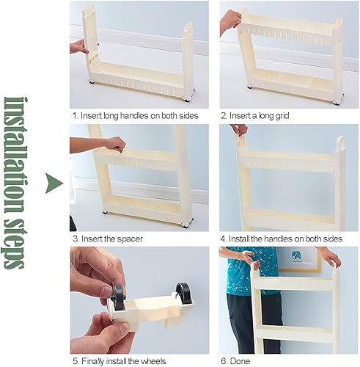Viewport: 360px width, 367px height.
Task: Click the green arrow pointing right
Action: pyautogui.click(x=54, y=183)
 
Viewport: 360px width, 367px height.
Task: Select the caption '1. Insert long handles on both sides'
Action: pyautogui.click(x=136, y=115)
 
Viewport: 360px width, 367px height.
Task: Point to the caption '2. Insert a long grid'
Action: pyautogui.click(x=255, y=115)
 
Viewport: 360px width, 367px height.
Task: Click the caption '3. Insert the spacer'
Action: pyautogui.click(x=108, y=239)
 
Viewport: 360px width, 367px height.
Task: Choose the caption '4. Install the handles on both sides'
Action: pyautogui.click(x=282, y=239)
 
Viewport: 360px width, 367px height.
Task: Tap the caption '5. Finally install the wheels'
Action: pyautogui.click(x=120, y=361)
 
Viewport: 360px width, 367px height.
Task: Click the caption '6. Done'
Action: pyautogui.click(x=235, y=361)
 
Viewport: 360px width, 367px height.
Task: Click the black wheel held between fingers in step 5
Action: pyautogui.click(x=119, y=297)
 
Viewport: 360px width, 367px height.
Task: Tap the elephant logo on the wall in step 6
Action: pyautogui.click(x=297, y=256)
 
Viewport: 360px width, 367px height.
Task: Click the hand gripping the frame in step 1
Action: pyautogui.click(x=79, y=47)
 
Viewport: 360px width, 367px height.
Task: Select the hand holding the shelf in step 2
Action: pyautogui.click(x=229, y=21)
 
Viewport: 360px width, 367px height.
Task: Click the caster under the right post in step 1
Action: pyautogui.click(x=188, y=98)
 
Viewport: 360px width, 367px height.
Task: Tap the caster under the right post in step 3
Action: pyautogui.click(x=185, y=224)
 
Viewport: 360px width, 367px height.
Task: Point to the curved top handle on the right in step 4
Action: pyautogui.click(x=341, y=142)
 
